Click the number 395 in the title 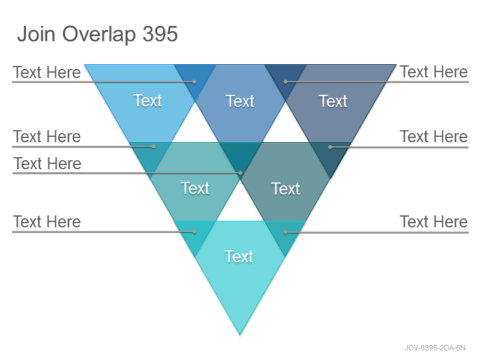(160, 34)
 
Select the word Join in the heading (37, 34)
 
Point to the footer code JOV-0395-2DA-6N (435, 348)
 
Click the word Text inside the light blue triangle (148, 100)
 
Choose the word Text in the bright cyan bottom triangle (239, 257)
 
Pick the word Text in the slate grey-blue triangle (333, 101)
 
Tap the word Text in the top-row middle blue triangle (240, 101)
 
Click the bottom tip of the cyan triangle (240, 335)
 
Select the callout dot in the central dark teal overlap (241, 173)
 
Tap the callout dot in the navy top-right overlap (286, 82)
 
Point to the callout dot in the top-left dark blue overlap (194, 82)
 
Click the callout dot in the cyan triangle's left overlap (194, 232)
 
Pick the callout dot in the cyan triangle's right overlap (286, 233)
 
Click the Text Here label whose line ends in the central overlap (47, 163)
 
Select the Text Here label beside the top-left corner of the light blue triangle (47, 72)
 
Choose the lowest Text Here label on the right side (434, 221)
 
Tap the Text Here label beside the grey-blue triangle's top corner (434, 72)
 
